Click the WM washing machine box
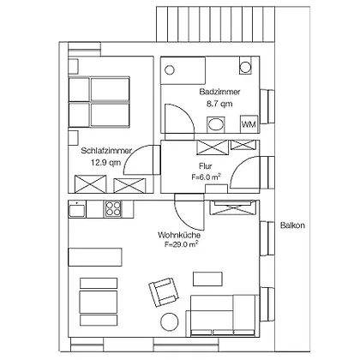(249, 124)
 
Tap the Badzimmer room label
(219, 92)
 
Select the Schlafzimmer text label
(106, 151)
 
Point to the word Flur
(206, 166)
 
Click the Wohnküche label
(179, 235)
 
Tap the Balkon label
(292, 225)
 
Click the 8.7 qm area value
(219, 104)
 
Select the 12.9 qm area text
(105, 163)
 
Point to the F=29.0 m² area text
(182, 244)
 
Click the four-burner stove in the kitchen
(113, 209)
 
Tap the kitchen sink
(77, 209)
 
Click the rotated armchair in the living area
(164, 291)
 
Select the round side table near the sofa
(170, 322)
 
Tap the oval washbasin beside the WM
(216, 124)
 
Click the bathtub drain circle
(170, 70)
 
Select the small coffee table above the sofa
(207, 279)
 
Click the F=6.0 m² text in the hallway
(206, 177)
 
